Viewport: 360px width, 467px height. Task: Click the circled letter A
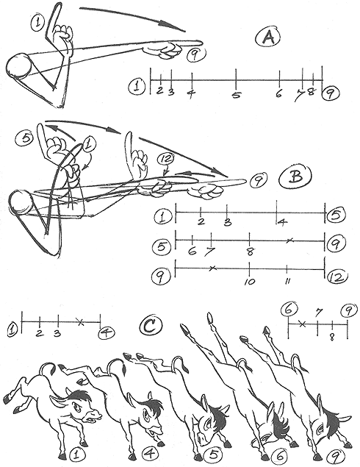268,38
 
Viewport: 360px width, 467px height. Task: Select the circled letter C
151,326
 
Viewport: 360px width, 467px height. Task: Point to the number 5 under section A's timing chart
236,96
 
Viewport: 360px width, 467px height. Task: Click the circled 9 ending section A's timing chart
331,94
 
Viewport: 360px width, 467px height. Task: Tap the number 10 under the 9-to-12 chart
250,282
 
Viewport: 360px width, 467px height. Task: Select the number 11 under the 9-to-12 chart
287,281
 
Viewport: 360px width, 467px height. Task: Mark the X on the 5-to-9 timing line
289,240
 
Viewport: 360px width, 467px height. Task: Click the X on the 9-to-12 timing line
212,268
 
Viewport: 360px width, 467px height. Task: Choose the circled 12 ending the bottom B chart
337,277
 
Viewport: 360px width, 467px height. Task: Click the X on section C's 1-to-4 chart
79,321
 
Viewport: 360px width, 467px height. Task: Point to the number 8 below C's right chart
332,337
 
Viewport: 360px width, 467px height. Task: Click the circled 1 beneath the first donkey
76,454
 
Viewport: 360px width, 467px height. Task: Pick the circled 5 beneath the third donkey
213,454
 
